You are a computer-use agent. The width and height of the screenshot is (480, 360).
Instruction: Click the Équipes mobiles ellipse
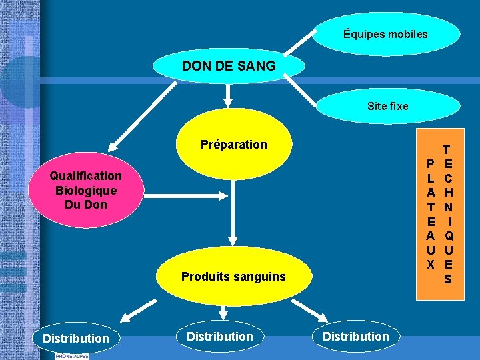click(386, 34)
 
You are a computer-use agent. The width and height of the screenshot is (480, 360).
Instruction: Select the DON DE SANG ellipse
click(229, 66)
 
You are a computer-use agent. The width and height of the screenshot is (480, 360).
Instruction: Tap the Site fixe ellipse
click(387, 106)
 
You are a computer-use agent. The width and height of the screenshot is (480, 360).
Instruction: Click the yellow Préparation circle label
click(233, 145)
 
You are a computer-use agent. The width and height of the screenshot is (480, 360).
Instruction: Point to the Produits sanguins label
click(233, 276)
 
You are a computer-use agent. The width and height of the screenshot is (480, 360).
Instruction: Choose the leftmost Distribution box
click(75, 338)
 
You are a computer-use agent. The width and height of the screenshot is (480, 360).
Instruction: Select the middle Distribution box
click(220, 337)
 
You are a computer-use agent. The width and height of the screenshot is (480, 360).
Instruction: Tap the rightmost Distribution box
click(355, 337)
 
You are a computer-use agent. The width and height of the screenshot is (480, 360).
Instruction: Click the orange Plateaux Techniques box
click(439, 213)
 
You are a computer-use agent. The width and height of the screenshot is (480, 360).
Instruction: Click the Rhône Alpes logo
click(71, 356)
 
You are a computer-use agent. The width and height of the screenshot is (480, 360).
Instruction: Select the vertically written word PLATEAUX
click(431, 213)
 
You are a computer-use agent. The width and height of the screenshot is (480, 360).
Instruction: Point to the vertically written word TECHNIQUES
click(447, 213)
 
